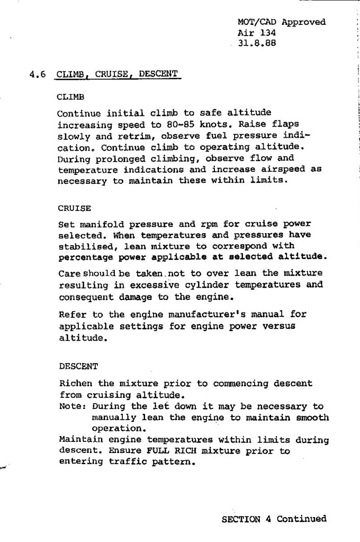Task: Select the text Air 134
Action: click(257, 32)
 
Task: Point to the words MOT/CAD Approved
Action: click(282, 22)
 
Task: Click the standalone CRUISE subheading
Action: click(75, 208)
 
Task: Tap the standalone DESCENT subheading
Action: click(77, 366)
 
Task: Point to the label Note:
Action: click(73, 407)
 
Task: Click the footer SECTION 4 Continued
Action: click(274, 519)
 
